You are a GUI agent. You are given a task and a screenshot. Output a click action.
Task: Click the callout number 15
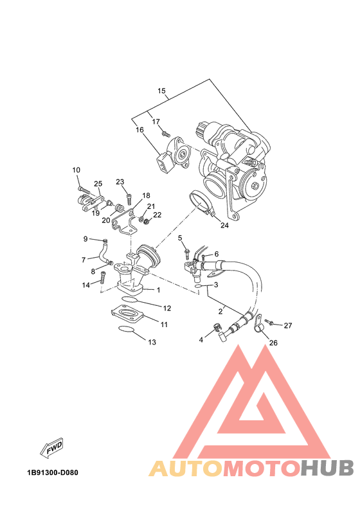[x=161, y=91]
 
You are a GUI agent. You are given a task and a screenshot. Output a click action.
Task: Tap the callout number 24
[x=224, y=225]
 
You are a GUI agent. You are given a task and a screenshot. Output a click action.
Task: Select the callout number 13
[x=152, y=342]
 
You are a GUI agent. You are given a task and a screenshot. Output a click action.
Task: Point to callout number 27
[x=288, y=325]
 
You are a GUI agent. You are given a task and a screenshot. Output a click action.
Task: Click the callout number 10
[x=76, y=170]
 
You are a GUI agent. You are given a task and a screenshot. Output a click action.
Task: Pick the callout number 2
[x=221, y=312]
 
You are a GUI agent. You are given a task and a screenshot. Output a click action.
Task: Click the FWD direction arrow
[x=51, y=449]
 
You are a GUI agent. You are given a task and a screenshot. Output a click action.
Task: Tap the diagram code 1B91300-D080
[x=53, y=472]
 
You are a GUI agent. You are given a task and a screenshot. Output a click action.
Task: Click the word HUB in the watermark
[x=327, y=468]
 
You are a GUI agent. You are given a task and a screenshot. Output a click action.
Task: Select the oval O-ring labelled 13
[x=127, y=329]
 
